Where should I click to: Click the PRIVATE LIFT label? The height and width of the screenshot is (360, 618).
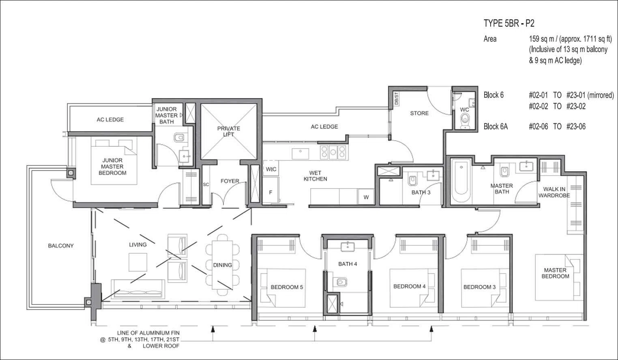pyautogui.click(x=228, y=131)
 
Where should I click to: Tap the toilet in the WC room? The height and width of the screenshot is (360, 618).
pyautogui.click(x=465, y=121)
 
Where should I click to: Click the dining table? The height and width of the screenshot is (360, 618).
pyautogui.click(x=222, y=265)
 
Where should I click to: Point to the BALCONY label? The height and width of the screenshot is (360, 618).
pyautogui.click(x=61, y=246)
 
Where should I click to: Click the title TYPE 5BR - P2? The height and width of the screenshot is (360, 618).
pyautogui.click(x=509, y=24)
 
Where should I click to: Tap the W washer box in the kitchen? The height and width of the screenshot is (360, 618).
pyautogui.click(x=366, y=197)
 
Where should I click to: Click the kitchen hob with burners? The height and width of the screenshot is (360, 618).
pyautogui.click(x=333, y=152)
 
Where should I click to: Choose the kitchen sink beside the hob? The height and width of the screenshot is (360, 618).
pyautogui.click(x=300, y=153)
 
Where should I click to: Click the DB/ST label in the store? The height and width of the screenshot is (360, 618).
pyautogui.click(x=396, y=98)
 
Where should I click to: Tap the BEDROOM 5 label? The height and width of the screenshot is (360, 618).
pyautogui.click(x=287, y=287)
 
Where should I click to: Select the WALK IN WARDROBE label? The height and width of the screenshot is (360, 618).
pyautogui.click(x=554, y=192)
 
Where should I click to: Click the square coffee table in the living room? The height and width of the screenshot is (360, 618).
pyautogui.click(x=137, y=262)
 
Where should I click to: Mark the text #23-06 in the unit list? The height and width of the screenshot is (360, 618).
pyautogui.click(x=576, y=126)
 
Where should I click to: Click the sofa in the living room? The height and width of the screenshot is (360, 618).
pyautogui.click(x=138, y=289)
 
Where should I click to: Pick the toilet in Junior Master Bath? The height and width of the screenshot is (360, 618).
pyautogui.click(x=180, y=137)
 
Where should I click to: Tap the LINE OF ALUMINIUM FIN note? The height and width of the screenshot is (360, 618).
pyautogui.click(x=148, y=333)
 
